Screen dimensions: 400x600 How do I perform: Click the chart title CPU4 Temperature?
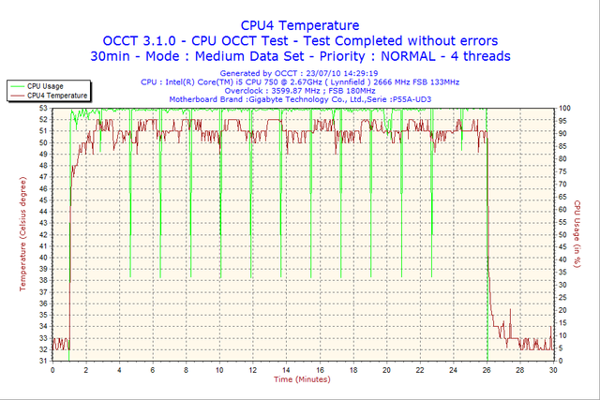click(300, 24)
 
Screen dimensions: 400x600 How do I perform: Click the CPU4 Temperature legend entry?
click(57, 95)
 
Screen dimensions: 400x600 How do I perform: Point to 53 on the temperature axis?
click(44, 109)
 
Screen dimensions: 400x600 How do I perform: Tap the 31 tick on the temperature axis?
click(44, 361)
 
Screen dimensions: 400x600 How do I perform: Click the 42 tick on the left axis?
click(44, 234)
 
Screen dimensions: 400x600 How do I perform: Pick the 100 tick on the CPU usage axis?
click(564, 109)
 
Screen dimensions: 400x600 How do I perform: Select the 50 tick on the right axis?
click(562, 234)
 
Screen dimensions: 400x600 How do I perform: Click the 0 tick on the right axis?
click(560, 361)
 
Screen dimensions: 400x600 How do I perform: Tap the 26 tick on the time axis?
click(486, 371)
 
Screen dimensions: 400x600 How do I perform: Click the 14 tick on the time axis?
click(286, 371)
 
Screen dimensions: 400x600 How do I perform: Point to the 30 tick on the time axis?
click(552, 371)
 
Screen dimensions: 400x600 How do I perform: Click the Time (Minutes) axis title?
click(302, 380)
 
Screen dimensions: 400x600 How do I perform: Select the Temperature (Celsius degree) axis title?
click(25, 234)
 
